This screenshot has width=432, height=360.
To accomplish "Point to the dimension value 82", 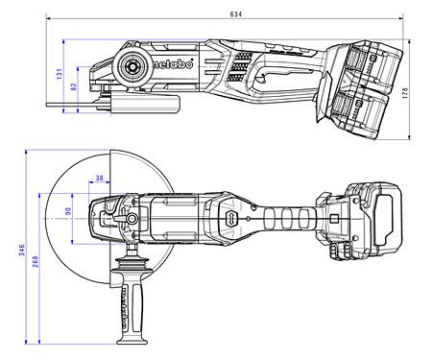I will tap(72, 87).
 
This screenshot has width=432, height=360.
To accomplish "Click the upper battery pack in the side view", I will tap(369, 65).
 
